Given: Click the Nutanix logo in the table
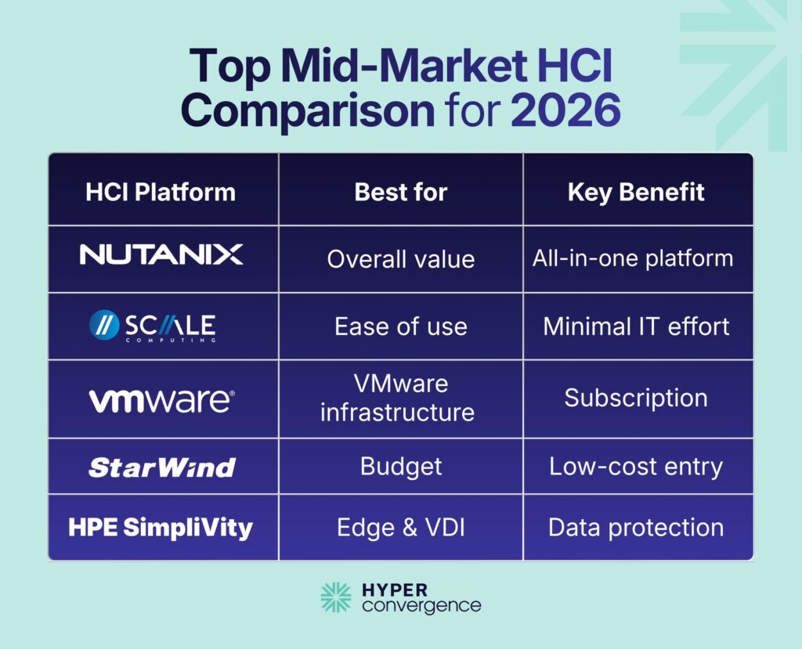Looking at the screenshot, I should [x=161, y=254].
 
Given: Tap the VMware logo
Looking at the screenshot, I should [x=161, y=400].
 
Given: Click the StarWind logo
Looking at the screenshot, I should [x=161, y=467].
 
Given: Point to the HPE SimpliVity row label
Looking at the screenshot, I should [x=161, y=528].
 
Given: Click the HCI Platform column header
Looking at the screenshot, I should [x=161, y=192].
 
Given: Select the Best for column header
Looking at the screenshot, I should [x=400, y=192].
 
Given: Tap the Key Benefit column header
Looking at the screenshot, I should [x=636, y=192].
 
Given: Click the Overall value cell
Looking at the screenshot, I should [x=400, y=259].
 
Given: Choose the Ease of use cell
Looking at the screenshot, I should [x=400, y=326].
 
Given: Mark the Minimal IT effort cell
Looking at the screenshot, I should [x=636, y=326].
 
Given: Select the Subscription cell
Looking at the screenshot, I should [x=636, y=398].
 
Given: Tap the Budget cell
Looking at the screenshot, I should [x=400, y=467].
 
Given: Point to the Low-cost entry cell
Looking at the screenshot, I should [x=636, y=467].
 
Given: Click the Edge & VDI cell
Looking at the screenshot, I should [x=400, y=528].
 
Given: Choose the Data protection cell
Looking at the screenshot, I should [x=636, y=528].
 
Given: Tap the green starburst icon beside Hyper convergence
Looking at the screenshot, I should [x=336, y=597].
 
